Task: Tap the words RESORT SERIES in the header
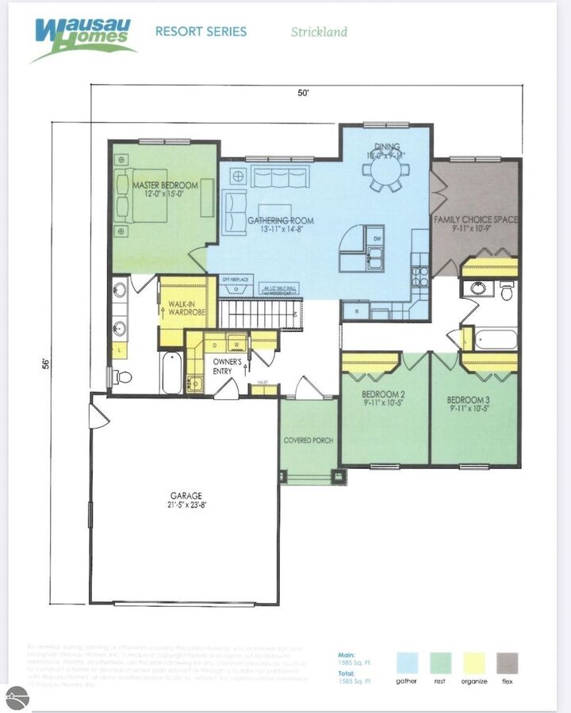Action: (201, 32)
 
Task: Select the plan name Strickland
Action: (319, 32)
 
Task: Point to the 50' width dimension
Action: (303, 93)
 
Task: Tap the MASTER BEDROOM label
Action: (165, 189)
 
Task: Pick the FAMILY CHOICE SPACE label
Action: (476, 223)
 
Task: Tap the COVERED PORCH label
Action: (308, 440)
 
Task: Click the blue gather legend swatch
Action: (407, 663)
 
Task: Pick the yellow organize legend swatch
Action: (474, 663)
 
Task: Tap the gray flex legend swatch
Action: (508, 663)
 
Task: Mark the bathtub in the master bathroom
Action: (172, 372)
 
